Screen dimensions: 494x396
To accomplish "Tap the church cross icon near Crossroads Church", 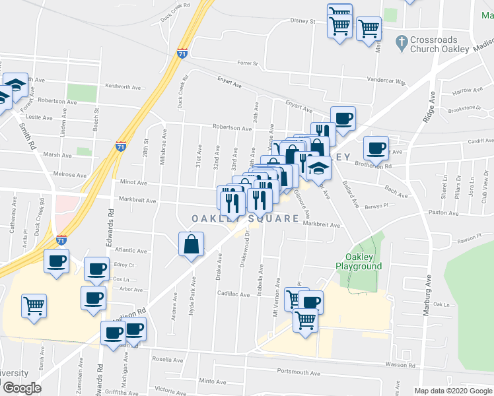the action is tap(400, 44).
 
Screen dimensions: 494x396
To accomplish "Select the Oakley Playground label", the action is tap(359, 261).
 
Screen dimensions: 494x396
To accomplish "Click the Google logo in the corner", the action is tap(22, 388).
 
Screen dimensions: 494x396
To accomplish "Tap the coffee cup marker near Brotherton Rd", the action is tap(376, 148).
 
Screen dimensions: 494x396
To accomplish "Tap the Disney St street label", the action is tap(304, 20).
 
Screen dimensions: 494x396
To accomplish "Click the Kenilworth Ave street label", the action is tap(124, 86).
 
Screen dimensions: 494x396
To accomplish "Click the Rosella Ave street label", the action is tap(168, 360).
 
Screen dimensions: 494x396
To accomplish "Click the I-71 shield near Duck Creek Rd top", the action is tap(182, 53).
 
